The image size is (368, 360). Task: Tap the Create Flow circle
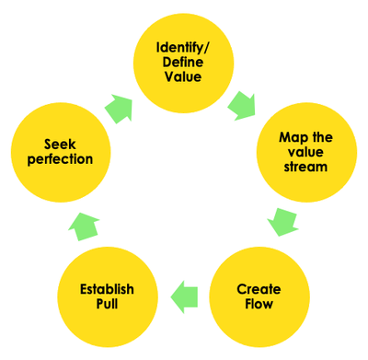(259, 295)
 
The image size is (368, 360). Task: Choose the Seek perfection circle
(61, 153)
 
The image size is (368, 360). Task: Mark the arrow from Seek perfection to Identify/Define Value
(120, 107)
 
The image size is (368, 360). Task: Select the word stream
(305, 168)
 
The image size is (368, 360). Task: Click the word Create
(259, 288)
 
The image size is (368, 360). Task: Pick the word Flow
(259, 304)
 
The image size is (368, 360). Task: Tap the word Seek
(61, 144)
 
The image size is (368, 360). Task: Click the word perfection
(61, 159)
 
